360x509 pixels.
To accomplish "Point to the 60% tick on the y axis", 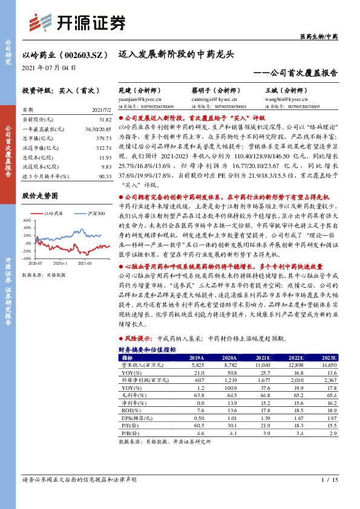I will point(27,221).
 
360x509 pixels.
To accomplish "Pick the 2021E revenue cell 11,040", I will point(263,366).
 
